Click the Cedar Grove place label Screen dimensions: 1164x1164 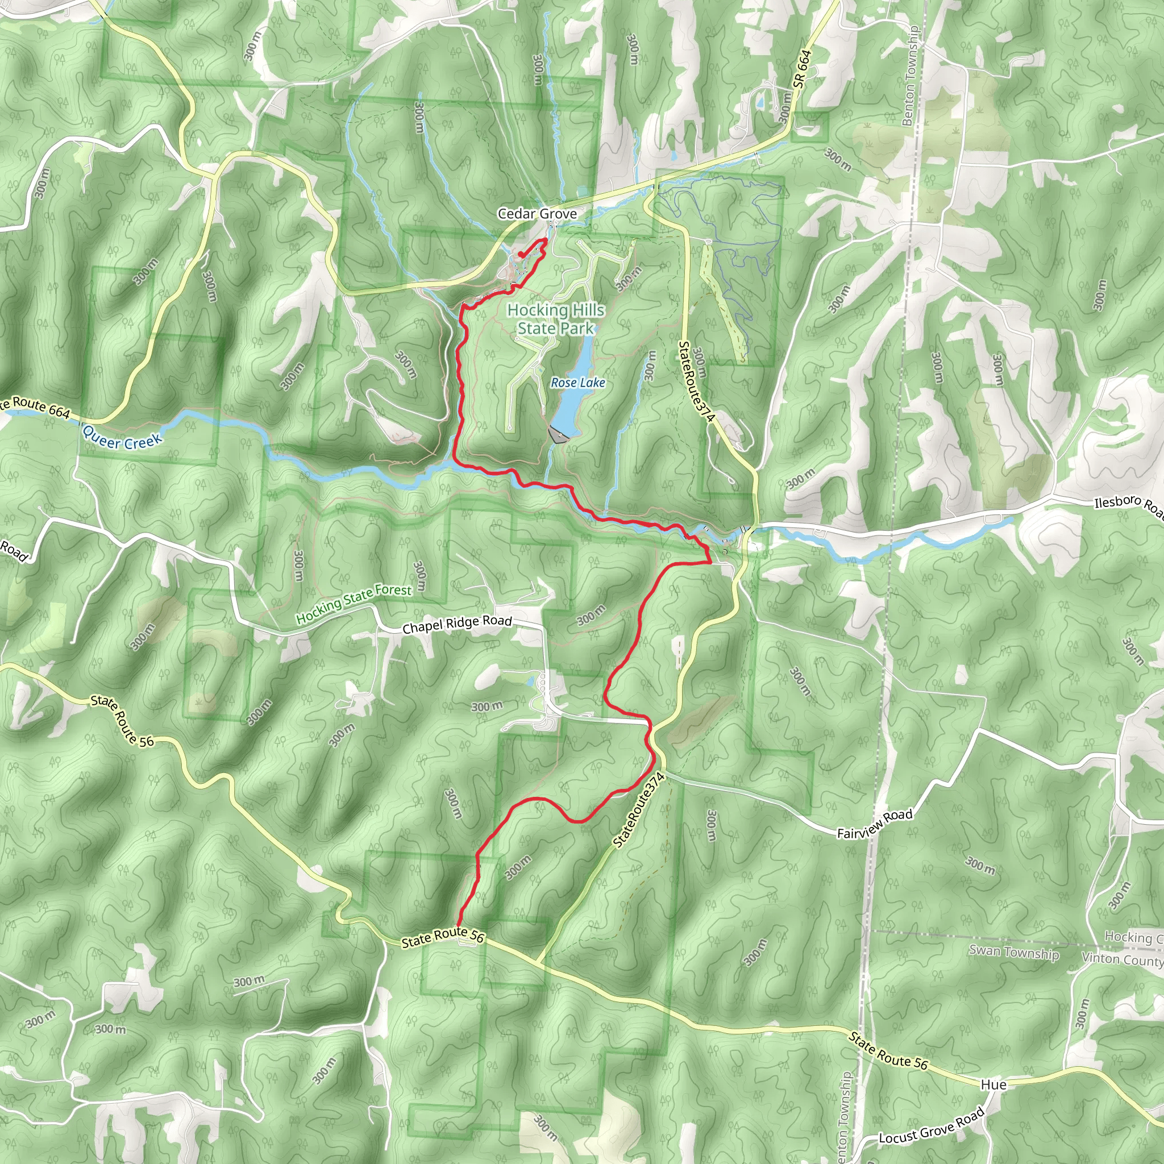point(537,214)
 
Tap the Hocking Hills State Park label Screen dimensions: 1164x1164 point(555,319)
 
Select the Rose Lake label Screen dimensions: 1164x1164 point(578,383)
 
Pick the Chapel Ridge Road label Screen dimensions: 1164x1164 point(457,624)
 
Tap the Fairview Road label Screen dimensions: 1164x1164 point(875,824)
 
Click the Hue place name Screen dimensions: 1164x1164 point(993,1084)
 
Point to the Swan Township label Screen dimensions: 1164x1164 point(1013,953)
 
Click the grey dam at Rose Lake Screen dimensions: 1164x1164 point(559,435)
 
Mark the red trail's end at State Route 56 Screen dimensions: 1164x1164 point(459,926)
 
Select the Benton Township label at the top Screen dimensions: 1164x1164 point(910,76)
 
